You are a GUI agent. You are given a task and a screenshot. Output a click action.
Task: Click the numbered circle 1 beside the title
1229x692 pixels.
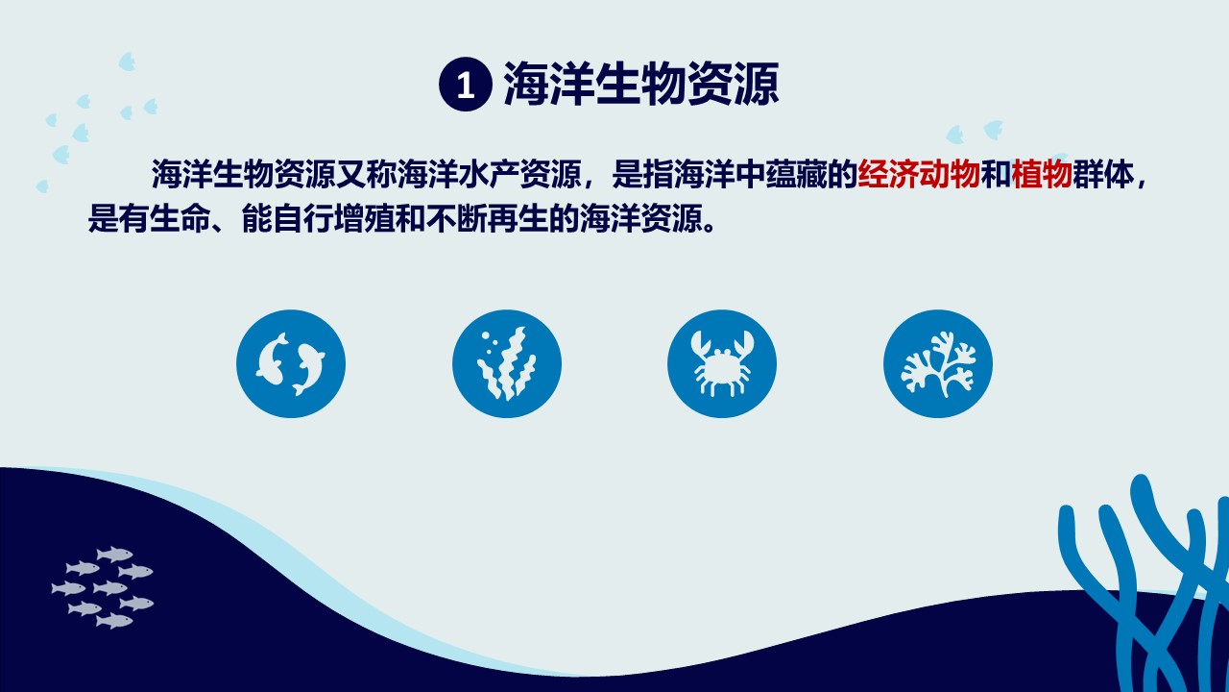point(466,84)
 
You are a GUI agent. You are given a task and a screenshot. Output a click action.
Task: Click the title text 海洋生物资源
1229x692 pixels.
point(641,84)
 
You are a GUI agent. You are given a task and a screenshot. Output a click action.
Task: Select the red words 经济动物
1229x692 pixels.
point(919,174)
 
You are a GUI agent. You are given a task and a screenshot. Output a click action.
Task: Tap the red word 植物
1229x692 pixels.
point(1042,174)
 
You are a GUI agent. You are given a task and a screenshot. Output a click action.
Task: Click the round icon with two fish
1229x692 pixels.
point(291,363)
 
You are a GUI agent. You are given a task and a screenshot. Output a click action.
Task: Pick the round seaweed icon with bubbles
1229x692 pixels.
point(506,363)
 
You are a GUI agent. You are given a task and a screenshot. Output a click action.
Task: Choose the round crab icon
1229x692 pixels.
point(722,363)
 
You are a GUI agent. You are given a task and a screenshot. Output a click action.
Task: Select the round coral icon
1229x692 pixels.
point(938,363)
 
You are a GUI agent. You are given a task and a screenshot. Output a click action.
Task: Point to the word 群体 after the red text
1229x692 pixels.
point(1103,174)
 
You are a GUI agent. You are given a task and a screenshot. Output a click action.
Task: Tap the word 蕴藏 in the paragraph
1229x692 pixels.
point(796,174)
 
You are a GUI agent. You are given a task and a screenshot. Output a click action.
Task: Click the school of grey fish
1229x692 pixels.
point(103,587)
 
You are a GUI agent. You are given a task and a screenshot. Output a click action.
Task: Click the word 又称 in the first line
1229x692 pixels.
point(366,174)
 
